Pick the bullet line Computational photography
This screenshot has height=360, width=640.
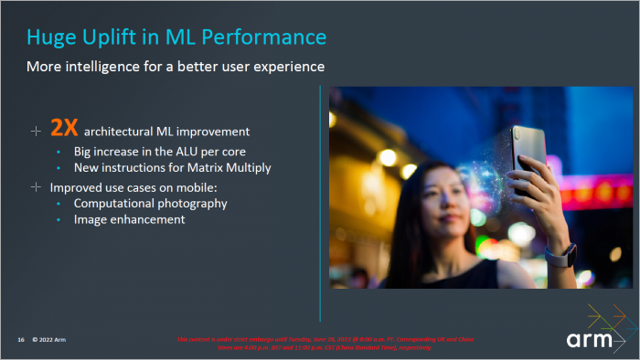click(150, 203)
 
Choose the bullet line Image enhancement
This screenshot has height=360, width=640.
click(129, 219)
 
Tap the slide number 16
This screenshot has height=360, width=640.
click(20, 340)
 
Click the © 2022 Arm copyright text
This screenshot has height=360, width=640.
click(48, 340)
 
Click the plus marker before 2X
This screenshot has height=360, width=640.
click(36, 131)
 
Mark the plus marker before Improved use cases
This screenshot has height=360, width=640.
click(36, 186)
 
